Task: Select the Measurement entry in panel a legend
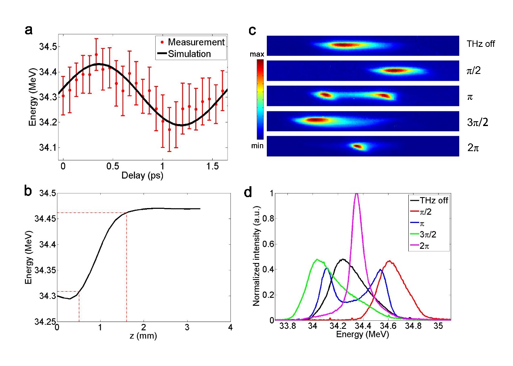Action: pyautogui.click(x=196, y=42)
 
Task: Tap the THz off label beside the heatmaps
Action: pyautogui.click(x=480, y=44)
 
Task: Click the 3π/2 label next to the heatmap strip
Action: pyautogui.click(x=477, y=122)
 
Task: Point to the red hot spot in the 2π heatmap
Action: pyautogui.click(x=357, y=146)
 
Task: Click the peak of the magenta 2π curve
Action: pyautogui.click(x=356, y=194)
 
